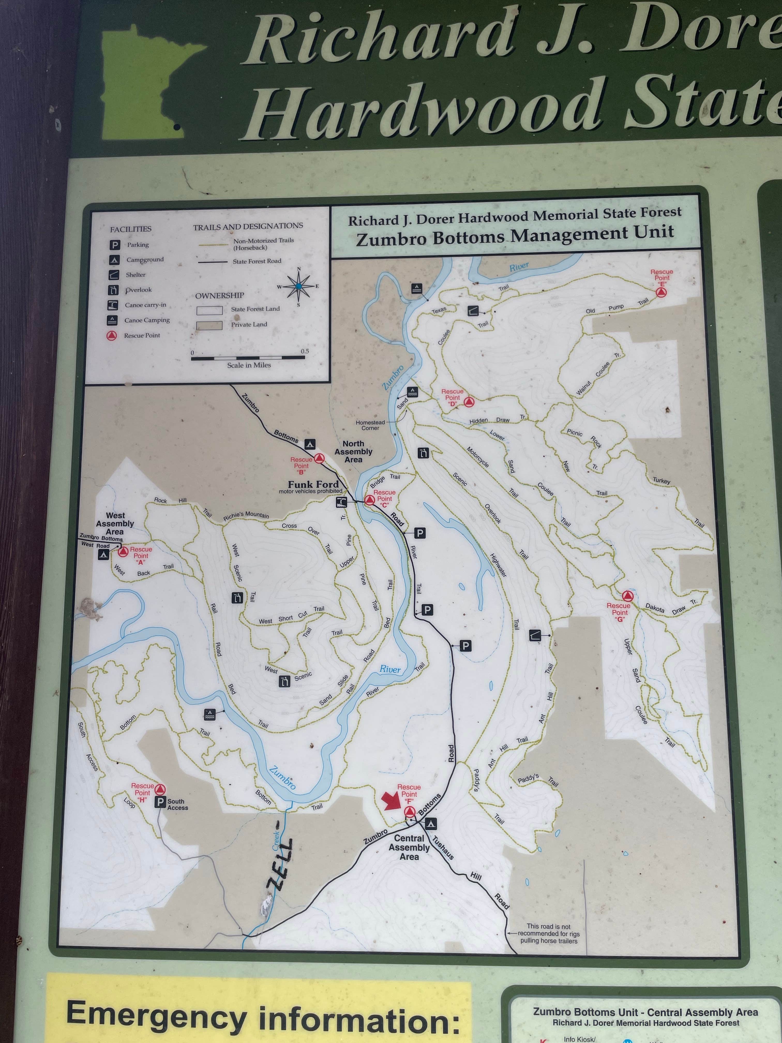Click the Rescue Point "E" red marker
click(x=661, y=292)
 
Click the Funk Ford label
click(x=313, y=484)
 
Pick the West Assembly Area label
click(x=115, y=523)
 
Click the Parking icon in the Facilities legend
click(x=115, y=245)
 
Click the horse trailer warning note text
click(x=549, y=933)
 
